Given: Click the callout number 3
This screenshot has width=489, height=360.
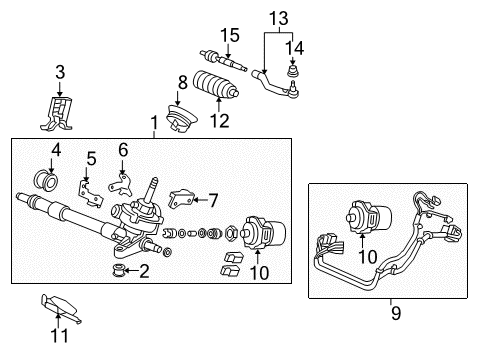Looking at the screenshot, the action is click(60, 72).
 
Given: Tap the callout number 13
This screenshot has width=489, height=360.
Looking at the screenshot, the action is click(279, 18).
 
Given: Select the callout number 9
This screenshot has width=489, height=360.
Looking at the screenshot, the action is click(396, 313).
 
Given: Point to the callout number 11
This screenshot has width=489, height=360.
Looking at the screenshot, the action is click(59, 335).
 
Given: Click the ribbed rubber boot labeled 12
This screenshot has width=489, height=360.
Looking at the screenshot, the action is click(216, 85).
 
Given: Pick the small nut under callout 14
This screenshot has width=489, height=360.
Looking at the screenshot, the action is click(293, 71).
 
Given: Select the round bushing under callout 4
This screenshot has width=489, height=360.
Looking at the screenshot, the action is click(46, 180).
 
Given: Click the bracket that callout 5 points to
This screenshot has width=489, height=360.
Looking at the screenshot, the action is click(90, 193).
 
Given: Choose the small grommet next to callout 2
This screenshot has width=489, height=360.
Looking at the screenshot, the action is click(119, 270).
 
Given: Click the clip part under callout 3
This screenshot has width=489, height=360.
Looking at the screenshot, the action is click(57, 113).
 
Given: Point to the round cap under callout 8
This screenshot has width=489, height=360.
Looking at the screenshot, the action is click(181, 118).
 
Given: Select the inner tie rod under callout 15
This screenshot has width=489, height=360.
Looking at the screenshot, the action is click(223, 61).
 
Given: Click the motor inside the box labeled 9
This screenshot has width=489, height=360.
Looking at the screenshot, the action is click(368, 218).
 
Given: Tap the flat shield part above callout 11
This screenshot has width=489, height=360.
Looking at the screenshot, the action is click(61, 308).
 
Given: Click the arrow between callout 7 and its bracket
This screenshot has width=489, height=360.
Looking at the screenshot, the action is click(200, 200).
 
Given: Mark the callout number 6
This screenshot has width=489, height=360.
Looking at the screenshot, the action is click(123, 150).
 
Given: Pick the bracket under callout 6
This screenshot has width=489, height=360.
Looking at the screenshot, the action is click(120, 185).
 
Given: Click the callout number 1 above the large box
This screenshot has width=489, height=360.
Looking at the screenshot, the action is click(154, 123).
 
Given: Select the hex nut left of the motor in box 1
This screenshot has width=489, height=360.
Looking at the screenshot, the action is click(232, 232).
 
